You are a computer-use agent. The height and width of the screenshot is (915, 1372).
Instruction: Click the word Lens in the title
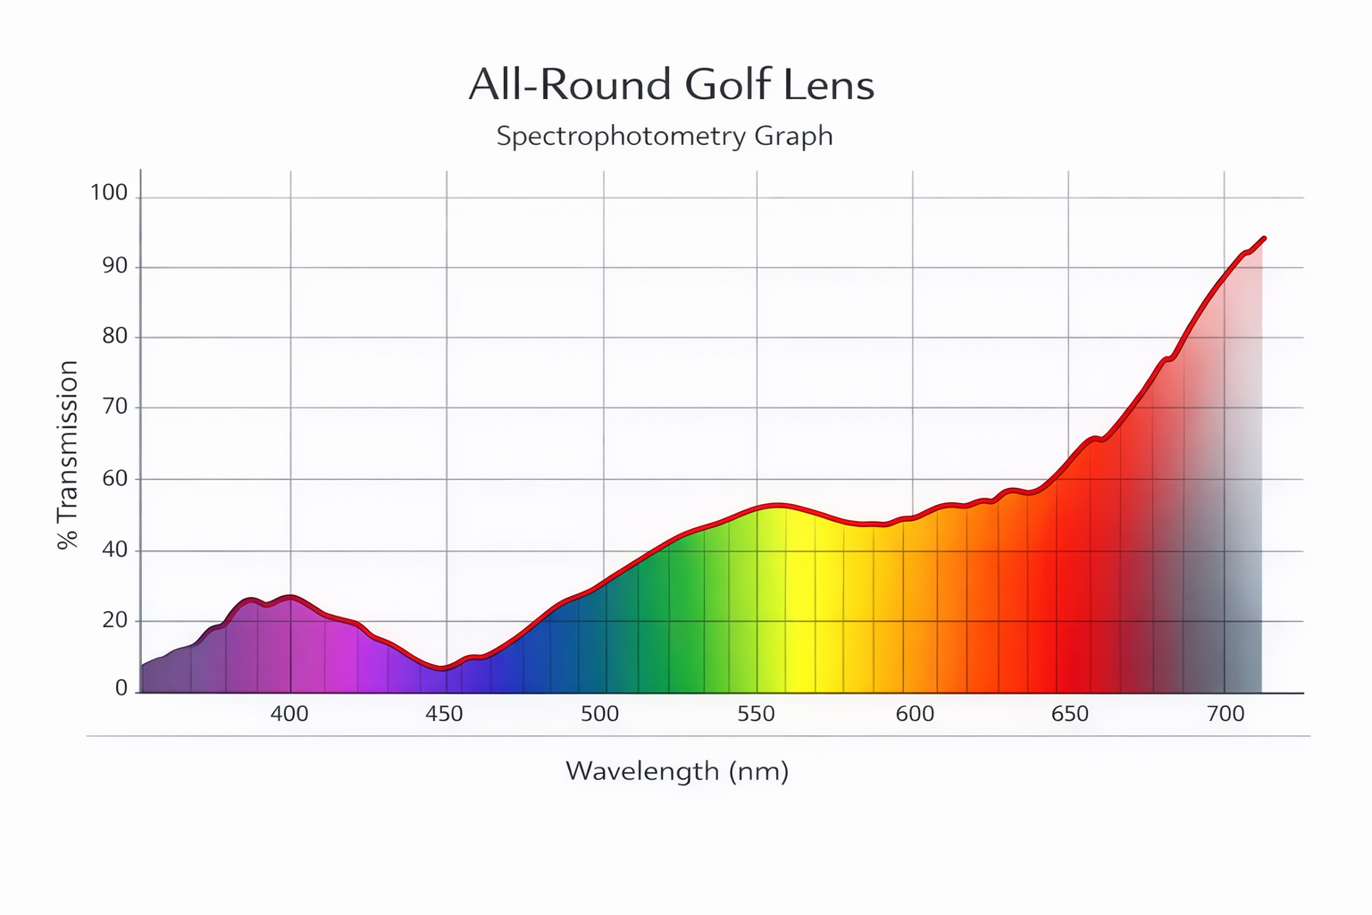pyautogui.click(x=830, y=85)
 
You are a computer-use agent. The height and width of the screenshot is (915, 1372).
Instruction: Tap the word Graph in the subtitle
pyautogui.click(x=793, y=136)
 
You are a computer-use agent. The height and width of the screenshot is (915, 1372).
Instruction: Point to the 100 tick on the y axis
pyautogui.click(x=109, y=193)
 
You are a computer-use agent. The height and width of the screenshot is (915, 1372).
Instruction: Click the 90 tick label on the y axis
pyautogui.click(x=113, y=265)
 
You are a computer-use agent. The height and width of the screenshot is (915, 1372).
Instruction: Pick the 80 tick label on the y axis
pyautogui.click(x=113, y=336)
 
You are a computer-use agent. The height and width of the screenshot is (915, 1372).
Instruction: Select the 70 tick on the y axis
pyautogui.click(x=113, y=407)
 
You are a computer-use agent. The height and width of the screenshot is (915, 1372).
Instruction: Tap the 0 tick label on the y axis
pyautogui.click(x=121, y=688)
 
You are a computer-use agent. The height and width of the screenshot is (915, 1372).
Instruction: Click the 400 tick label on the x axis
pyautogui.click(x=289, y=714)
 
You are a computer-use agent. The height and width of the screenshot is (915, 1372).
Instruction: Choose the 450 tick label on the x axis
pyautogui.click(x=444, y=714)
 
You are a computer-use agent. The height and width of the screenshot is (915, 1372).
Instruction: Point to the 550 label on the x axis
pyautogui.click(x=756, y=714)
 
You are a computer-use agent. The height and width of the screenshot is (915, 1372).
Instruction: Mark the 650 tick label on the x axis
pyautogui.click(x=1070, y=714)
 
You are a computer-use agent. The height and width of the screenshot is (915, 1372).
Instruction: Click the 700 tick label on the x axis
pyautogui.click(x=1225, y=714)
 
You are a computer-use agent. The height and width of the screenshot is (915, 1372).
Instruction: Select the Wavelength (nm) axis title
pyautogui.click(x=677, y=770)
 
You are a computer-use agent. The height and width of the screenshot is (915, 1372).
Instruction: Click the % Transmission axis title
pyautogui.click(x=68, y=454)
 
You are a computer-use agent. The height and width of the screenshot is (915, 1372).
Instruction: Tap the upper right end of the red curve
pyautogui.click(x=1264, y=239)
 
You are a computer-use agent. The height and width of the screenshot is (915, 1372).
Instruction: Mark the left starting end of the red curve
pyautogui.click(x=142, y=665)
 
